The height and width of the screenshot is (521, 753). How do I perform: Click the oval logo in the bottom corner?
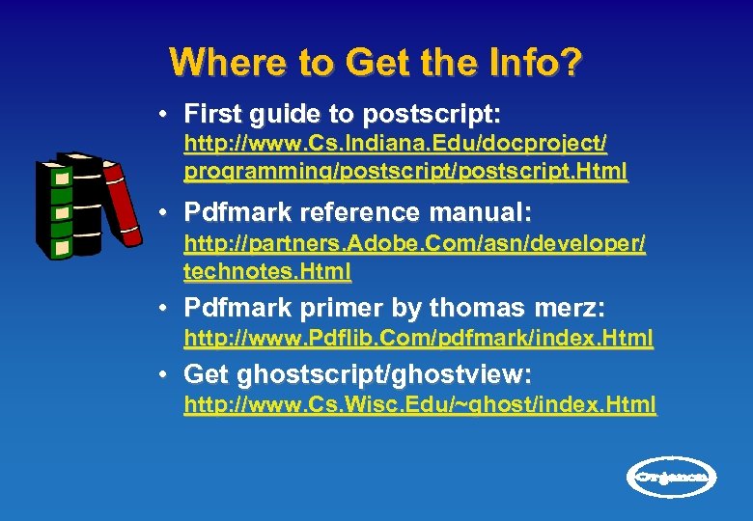click(x=673, y=476)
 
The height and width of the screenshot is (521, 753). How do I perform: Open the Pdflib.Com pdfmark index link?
click(x=418, y=339)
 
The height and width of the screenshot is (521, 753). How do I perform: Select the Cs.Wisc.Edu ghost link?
click(x=420, y=404)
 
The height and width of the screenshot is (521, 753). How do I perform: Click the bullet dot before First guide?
click(x=167, y=114)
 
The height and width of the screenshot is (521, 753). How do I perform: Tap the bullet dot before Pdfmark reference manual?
click(x=167, y=210)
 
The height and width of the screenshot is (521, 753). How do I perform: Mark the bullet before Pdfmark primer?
click(x=167, y=308)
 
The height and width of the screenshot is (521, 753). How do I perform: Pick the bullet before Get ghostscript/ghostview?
click(x=167, y=373)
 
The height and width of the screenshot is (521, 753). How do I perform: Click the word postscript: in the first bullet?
click(x=432, y=115)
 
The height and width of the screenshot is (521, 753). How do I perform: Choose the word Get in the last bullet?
click(x=204, y=373)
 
